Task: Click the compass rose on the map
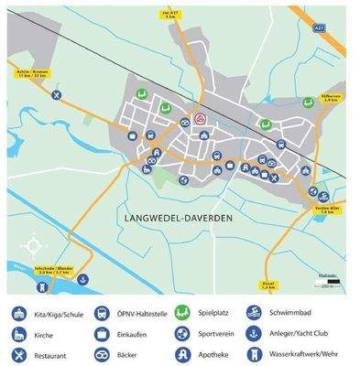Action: [x=33, y=244]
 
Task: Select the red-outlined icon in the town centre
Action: [x=200, y=121]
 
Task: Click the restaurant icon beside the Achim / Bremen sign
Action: [x=57, y=94]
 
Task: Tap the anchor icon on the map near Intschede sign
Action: [x=83, y=279]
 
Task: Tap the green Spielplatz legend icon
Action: [x=182, y=313]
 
